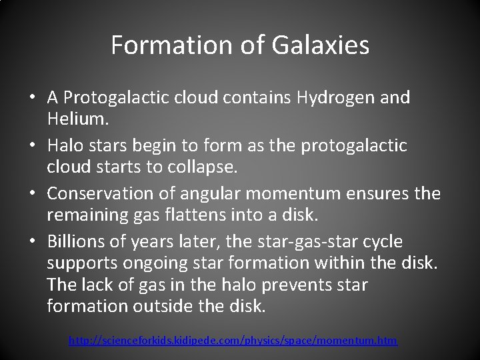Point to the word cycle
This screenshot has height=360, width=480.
(x=379, y=241)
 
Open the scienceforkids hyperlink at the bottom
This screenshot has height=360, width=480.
(x=233, y=341)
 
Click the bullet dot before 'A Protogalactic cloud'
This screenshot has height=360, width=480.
(x=33, y=99)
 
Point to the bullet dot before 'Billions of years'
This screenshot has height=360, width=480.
(x=33, y=242)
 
